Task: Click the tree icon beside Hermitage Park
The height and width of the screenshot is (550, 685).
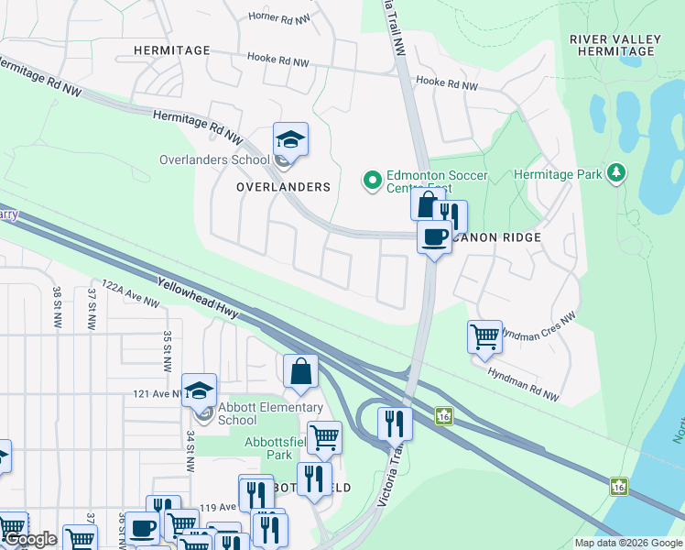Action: point(618,173)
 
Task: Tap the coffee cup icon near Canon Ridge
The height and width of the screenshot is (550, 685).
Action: point(434,237)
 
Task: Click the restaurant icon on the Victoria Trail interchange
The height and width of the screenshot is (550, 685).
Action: point(395,423)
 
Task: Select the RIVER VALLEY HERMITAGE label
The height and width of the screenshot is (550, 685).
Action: point(612,45)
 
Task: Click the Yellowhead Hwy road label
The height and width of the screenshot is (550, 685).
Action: point(198,299)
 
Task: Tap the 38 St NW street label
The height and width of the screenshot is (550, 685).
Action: point(57,307)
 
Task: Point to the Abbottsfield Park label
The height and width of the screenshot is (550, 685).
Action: point(268,448)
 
